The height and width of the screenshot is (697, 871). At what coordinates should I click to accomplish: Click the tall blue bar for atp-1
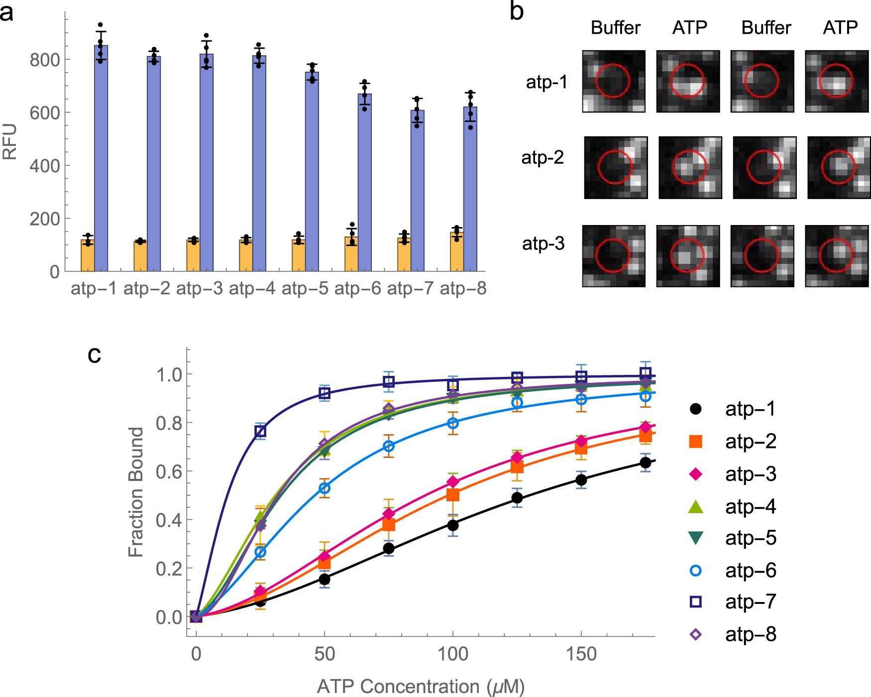(101, 159)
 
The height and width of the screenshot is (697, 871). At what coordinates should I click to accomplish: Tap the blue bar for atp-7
(418, 192)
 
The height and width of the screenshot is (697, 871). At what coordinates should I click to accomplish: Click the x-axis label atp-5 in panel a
(305, 288)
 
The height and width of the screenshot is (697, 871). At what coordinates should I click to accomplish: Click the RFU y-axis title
(10, 142)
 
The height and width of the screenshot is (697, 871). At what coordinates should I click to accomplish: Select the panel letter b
(517, 11)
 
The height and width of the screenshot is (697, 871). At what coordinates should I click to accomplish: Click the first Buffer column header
(615, 28)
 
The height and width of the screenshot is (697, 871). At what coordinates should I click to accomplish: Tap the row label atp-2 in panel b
(542, 158)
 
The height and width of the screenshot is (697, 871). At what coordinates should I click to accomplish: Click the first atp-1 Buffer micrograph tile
(614, 81)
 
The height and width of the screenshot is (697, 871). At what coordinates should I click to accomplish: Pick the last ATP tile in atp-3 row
(837, 256)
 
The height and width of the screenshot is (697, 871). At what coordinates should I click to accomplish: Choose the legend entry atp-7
(750, 602)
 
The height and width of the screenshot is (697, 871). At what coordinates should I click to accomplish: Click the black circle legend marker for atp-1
(695, 409)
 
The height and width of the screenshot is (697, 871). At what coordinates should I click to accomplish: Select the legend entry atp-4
(750, 507)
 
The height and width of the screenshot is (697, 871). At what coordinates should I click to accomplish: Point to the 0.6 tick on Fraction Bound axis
(169, 471)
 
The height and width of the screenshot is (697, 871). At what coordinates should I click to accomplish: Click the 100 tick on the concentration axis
(452, 654)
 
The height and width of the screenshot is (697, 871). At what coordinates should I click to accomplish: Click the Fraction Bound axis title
(135, 492)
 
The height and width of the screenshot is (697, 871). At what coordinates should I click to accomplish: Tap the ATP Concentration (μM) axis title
(421, 687)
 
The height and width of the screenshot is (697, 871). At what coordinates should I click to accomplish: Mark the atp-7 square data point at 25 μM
(260, 431)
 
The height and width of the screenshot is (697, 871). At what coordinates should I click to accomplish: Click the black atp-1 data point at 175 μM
(646, 463)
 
